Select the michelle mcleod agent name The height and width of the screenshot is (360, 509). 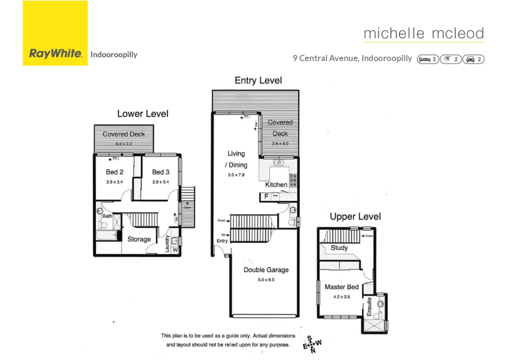pos(424,33)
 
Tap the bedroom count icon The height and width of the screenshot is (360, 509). pos(428,59)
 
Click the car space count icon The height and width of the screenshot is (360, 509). pos(473,59)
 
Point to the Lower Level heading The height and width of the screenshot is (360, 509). pos(143,114)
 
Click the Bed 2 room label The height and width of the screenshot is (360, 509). pos(114,172)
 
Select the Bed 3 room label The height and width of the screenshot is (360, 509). pos(160,172)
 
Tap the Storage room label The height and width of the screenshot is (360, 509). pos(139,239)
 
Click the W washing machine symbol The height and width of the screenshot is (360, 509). pos(175,250)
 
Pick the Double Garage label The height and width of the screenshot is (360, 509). pos(266,270)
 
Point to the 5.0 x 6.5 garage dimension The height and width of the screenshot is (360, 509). pos(266,280)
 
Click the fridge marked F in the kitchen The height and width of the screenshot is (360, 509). pos(266,196)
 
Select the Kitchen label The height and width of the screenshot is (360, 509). pos(276,185)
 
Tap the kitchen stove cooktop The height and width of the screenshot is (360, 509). pos(293,180)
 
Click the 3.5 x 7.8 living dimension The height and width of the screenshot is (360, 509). pos(236,175)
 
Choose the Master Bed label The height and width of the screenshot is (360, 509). pos(342,287)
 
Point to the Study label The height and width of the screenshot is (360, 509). pos(339,248)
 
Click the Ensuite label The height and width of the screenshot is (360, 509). pos(369,307)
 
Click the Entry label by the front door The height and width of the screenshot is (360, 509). pos(222,241)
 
